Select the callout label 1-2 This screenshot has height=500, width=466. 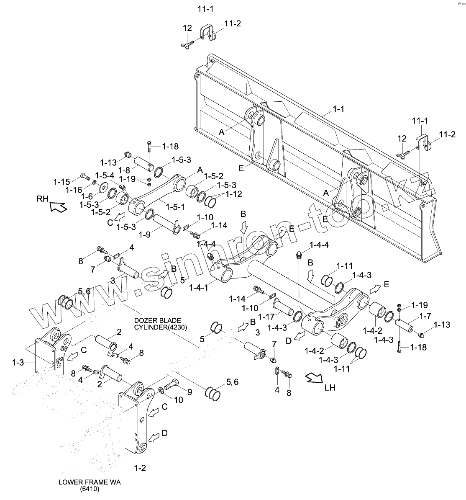click(140, 468)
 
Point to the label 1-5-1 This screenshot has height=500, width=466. click(175, 207)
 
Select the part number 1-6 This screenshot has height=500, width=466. click(87, 196)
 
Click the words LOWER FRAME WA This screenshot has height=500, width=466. click(90, 482)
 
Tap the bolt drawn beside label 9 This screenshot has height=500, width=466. click(172, 383)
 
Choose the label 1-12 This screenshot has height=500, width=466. click(233, 194)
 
